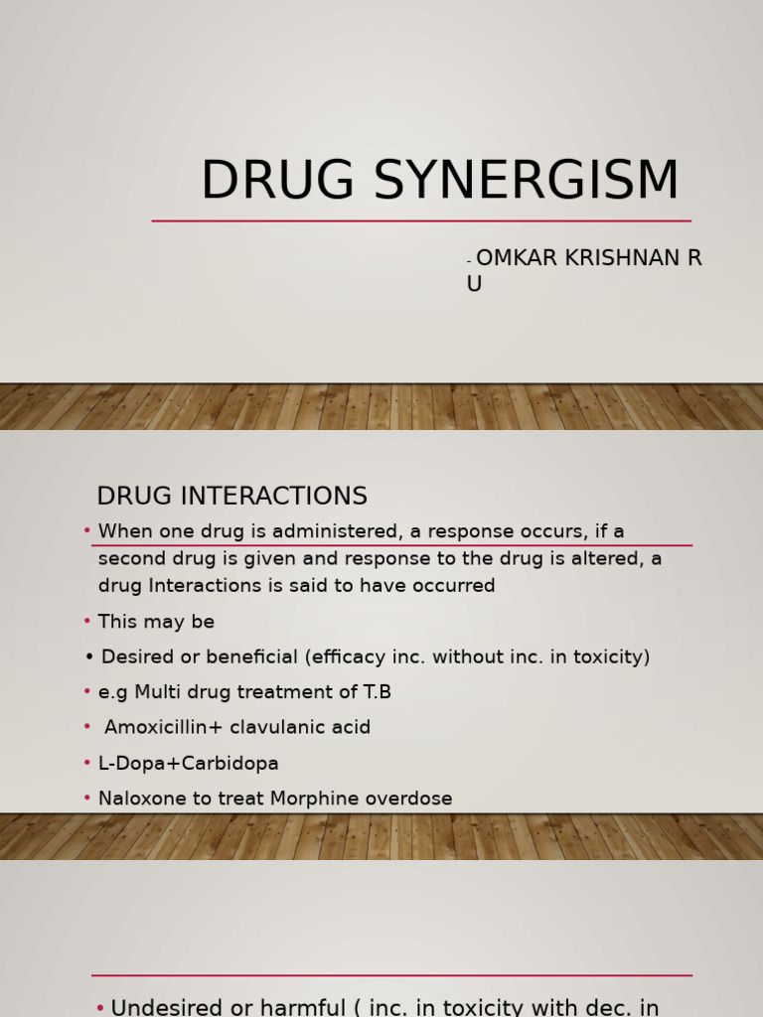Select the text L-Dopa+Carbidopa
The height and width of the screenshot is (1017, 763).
189,763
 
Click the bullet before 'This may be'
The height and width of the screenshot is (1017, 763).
87,622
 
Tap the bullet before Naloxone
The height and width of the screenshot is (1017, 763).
87,799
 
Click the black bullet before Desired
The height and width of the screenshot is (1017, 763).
89,656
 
